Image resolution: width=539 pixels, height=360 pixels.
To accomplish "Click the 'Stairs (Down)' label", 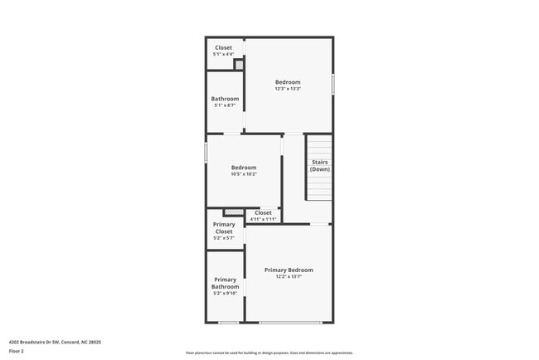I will tap(320, 166).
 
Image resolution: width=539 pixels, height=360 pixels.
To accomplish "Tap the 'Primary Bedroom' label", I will tap(289, 270).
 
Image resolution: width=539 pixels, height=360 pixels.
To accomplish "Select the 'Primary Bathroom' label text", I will tap(226, 283).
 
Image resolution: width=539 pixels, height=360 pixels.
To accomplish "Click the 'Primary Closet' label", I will tap(224, 227).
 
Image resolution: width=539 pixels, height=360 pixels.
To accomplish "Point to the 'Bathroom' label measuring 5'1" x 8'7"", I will tap(225, 99).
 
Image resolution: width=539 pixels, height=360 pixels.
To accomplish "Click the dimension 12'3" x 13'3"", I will tap(288, 90).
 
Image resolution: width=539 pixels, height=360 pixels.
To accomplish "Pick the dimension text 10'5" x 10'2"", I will tap(243, 174).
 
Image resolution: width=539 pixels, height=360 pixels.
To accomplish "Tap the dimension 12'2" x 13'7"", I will tap(289, 277).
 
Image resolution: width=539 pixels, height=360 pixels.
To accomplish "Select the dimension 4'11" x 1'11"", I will tap(263, 219).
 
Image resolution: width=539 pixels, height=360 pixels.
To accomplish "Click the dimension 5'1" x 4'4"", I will tap(224, 55).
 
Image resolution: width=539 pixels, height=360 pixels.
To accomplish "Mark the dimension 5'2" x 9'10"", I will tap(226, 294).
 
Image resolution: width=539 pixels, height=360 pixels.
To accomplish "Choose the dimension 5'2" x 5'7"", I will tap(224, 238).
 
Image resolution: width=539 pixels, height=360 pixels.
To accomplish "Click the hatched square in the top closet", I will tap(239, 65).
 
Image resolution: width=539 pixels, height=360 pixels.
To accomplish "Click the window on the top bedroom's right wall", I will tap(333, 85).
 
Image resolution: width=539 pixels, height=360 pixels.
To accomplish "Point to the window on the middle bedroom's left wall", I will tap(206, 153).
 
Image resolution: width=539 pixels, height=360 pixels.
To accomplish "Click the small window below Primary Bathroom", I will tap(229, 322).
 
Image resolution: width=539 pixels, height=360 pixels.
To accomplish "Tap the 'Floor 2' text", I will tap(17, 351).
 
